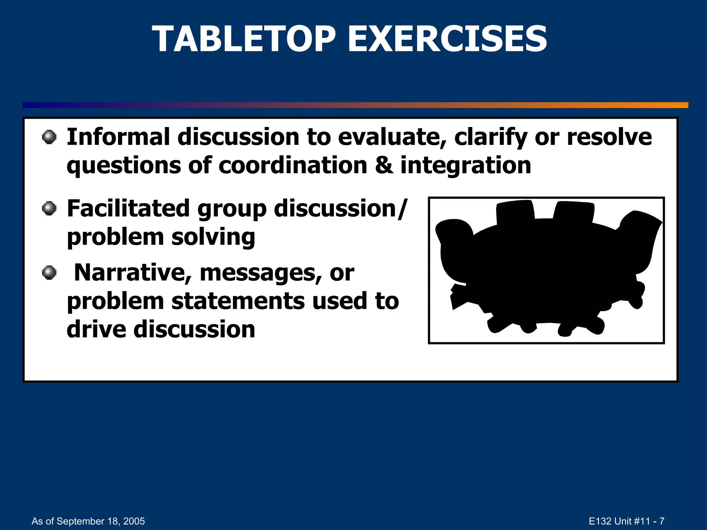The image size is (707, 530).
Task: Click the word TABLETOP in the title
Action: click(x=244, y=39)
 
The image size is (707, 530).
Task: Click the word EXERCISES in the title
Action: click(x=447, y=39)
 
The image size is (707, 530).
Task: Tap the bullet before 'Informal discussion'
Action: click(x=49, y=137)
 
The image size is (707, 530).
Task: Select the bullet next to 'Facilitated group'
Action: click(x=49, y=208)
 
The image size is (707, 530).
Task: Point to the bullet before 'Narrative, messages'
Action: click(x=49, y=273)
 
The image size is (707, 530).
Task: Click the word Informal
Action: click(x=118, y=137)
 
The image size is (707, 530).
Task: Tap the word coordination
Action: click(x=293, y=165)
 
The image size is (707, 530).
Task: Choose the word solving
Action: click(x=213, y=237)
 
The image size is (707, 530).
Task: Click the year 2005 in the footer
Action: click(x=134, y=521)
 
